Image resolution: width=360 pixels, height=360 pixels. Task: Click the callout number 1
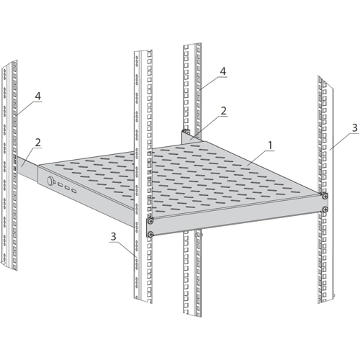[x=270, y=145]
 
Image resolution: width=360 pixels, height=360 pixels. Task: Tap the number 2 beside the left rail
[x=38, y=143]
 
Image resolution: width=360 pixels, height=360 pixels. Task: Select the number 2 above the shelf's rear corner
[x=223, y=111]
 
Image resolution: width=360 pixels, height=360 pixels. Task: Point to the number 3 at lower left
[x=113, y=236]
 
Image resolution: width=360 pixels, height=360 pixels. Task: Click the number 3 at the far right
[x=355, y=127]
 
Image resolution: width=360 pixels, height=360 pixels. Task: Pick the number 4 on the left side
[x=38, y=96]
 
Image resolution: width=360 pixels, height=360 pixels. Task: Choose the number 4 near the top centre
[x=223, y=71]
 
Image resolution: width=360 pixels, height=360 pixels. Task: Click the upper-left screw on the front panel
[x=150, y=221]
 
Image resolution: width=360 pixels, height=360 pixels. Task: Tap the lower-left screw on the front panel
[x=150, y=233]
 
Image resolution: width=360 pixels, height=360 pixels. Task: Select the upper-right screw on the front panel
[x=325, y=196]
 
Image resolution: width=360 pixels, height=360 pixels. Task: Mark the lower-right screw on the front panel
[x=325, y=209]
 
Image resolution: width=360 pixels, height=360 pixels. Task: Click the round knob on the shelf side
[x=51, y=180]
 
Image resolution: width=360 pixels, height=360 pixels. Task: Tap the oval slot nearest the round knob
[x=60, y=185]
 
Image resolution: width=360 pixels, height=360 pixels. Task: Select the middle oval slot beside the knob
[x=67, y=188]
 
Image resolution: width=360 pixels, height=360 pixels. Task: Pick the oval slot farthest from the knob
[x=74, y=191]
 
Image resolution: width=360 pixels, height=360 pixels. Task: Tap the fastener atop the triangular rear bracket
[x=186, y=131]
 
